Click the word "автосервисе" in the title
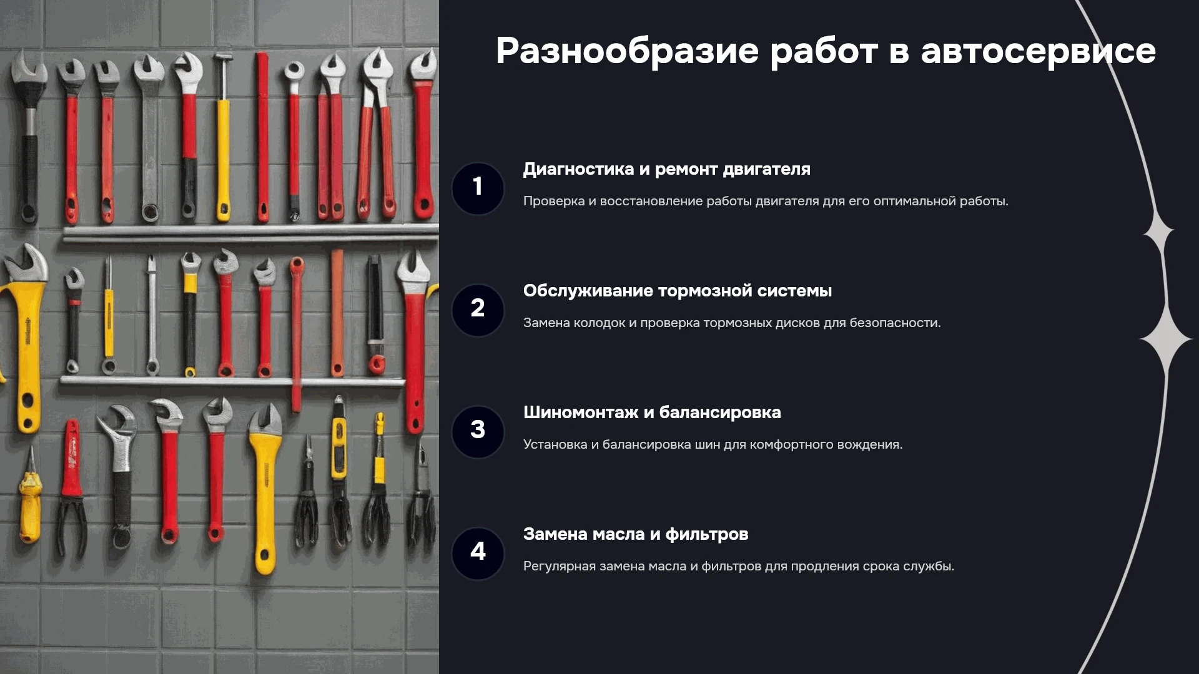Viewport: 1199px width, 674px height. [1038, 51]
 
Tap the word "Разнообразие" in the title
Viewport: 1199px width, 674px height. [627, 51]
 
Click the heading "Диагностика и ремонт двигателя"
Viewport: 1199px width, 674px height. [666, 169]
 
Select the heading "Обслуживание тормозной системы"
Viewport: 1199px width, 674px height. [678, 291]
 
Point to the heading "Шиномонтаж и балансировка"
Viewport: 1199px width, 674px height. [652, 413]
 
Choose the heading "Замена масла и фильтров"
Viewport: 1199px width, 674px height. [636, 534]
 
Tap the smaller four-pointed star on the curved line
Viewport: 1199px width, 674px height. [1160, 233]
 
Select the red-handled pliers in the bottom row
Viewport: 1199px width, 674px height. [72, 487]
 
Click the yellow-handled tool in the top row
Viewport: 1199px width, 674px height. [223, 137]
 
